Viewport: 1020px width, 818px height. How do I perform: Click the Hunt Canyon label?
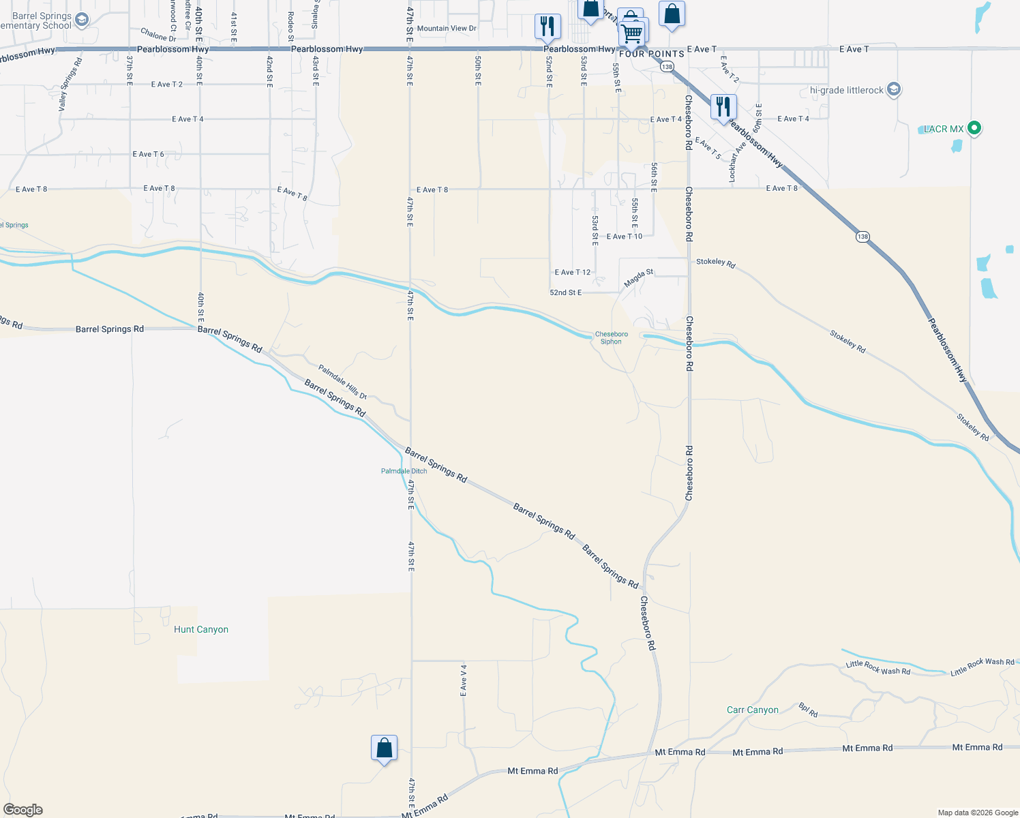pyautogui.click(x=201, y=629)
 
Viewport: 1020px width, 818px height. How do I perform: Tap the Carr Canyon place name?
pyautogui.click(x=752, y=710)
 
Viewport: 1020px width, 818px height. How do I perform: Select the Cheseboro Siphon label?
pyautogui.click(x=611, y=337)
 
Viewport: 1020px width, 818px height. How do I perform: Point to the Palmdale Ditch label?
pyautogui.click(x=404, y=471)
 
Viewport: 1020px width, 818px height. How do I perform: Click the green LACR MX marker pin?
pyautogui.click(x=974, y=127)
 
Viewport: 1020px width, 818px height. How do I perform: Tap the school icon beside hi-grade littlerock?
pyautogui.click(x=894, y=89)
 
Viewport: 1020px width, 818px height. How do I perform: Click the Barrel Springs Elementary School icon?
pyautogui.click(x=82, y=20)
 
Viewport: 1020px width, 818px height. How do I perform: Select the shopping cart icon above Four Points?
pyautogui.click(x=633, y=32)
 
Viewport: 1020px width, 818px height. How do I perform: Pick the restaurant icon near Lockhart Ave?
pyautogui.click(x=723, y=107)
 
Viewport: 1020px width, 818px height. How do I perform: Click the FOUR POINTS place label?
pyautogui.click(x=651, y=54)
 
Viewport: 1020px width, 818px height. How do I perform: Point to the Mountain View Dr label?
pyautogui.click(x=447, y=29)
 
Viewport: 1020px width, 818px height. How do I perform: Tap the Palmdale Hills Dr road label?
pyautogui.click(x=342, y=382)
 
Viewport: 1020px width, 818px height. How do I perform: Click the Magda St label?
pyautogui.click(x=639, y=277)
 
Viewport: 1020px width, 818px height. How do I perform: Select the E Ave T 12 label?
pyautogui.click(x=572, y=272)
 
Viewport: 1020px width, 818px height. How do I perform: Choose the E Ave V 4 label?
pyautogui.click(x=464, y=680)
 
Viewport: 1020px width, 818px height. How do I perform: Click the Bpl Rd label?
pyautogui.click(x=808, y=710)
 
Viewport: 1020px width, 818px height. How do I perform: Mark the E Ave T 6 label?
pyautogui.click(x=148, y=154)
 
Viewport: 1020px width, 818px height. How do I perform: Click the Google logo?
pyautogui.click(x=23, y=810)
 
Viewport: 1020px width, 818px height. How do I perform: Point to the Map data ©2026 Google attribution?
pyautogui.click(x=978, y=813)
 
